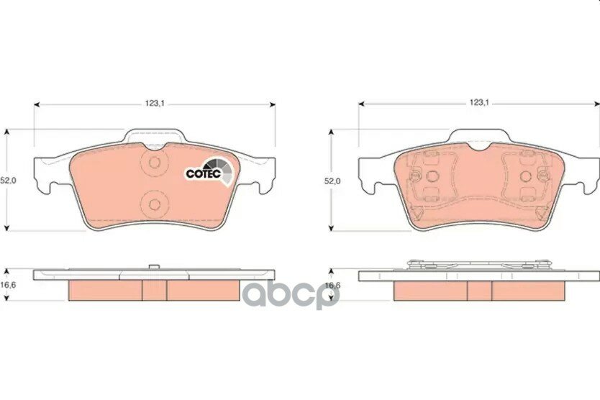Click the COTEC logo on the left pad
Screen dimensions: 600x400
(209, 172)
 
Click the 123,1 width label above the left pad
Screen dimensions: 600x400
(155, 104)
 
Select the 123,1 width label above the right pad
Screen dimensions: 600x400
(479, 103)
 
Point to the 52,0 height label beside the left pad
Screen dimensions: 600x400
(8, 181)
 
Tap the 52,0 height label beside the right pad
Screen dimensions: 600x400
(332, 181)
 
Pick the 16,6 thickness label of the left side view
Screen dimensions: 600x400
(7, 285)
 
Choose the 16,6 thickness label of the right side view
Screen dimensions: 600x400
(332, 285)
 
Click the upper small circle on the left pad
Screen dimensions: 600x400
(155, 163)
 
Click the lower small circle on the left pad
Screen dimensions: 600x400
(155, 204)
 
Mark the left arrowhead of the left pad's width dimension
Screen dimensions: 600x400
(37, 104)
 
